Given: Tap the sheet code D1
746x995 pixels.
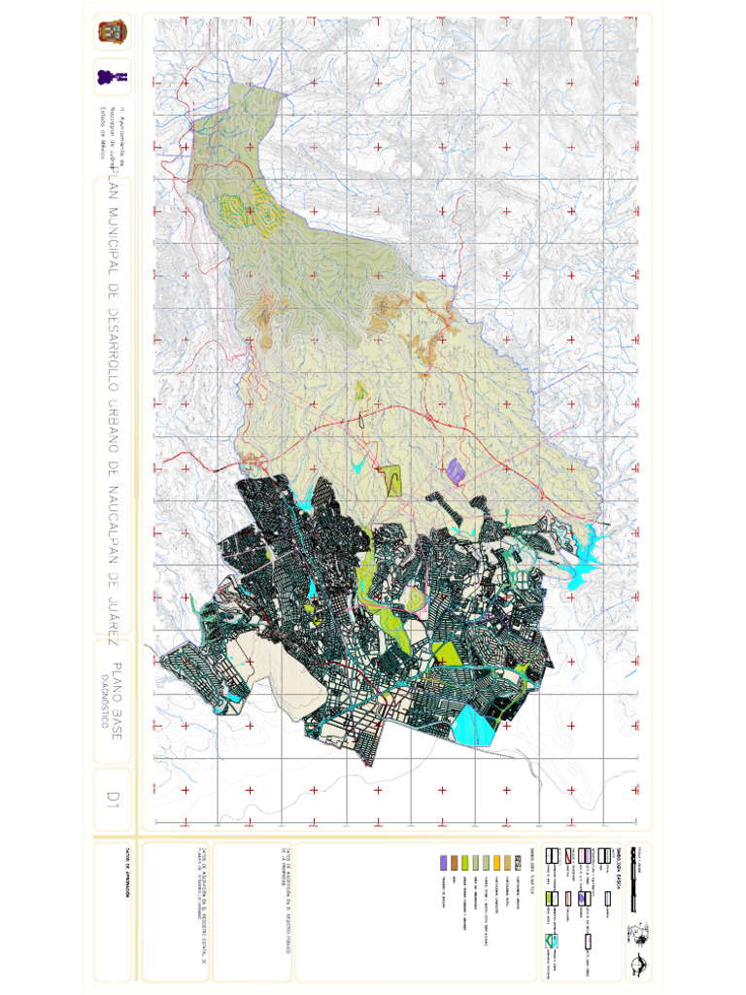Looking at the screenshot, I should pos(114,799).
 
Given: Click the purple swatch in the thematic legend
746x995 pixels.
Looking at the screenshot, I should pos(444,862).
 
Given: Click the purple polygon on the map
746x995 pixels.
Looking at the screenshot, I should pos(457,470).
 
